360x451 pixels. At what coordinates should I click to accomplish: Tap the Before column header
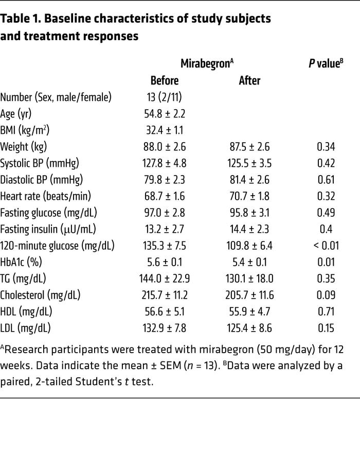165,81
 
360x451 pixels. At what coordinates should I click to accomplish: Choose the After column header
249,81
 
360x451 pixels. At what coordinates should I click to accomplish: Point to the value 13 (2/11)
165,97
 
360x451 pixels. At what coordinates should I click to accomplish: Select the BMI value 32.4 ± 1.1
165,130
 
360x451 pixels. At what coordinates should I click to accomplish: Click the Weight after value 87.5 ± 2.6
250,147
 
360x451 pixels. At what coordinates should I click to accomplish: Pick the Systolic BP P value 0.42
326,163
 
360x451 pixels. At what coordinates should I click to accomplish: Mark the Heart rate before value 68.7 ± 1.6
165,196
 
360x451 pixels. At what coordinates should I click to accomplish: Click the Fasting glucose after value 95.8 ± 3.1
250,213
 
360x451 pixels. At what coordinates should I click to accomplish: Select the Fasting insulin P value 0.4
326,229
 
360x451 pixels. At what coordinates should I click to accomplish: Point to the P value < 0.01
326,246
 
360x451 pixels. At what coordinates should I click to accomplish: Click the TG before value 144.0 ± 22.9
165,279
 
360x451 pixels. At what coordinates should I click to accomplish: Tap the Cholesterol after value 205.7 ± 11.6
250,295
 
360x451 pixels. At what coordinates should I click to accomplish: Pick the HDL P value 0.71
326,311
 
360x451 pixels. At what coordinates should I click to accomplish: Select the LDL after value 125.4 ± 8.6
250,328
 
